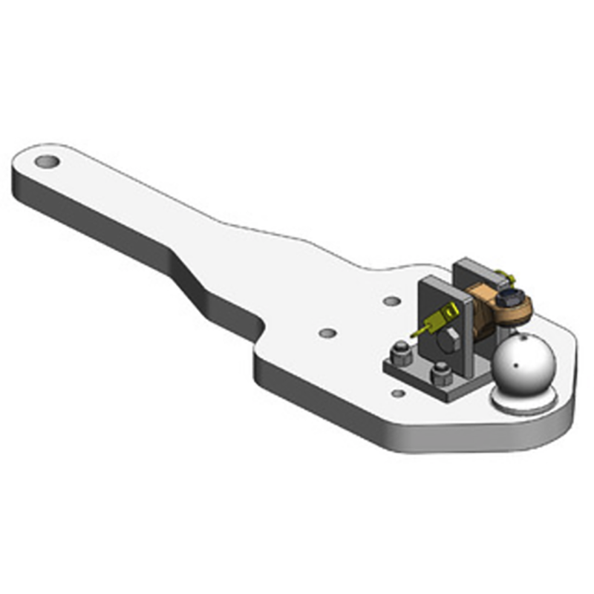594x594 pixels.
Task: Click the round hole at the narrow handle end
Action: pos(46,160)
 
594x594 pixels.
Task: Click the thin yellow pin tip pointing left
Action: pos(415,333)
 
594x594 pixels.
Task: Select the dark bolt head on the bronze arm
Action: pos(510,298)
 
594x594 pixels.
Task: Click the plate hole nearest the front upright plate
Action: pos(391,301)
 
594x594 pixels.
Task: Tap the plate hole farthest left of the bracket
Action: pos(327,331)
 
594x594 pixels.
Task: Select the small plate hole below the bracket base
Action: pos(398,393)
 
